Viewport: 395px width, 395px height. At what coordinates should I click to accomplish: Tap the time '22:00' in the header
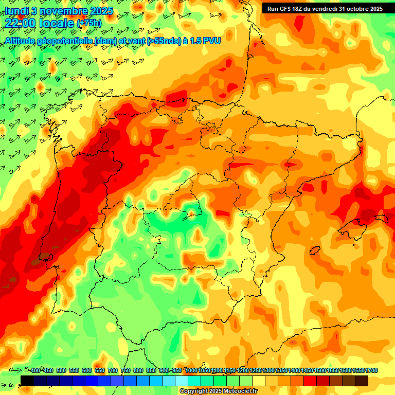point(22,23)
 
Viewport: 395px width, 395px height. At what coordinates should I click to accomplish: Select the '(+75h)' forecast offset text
point(89,23)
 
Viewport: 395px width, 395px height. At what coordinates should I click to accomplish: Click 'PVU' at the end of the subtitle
point(210,40)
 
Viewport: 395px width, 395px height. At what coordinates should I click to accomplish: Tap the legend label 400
point(35,371)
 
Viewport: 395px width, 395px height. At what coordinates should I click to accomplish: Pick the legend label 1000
point(191,371)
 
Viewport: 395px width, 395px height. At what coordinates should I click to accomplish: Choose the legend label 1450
point(307,371)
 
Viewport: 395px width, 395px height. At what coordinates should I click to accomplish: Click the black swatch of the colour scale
point(27,381)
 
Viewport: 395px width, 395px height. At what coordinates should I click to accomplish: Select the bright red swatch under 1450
point(310,381)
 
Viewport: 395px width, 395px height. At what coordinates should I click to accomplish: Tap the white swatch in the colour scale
point(182,381)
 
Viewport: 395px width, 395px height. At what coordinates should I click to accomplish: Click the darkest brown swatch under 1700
point(362,381)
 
